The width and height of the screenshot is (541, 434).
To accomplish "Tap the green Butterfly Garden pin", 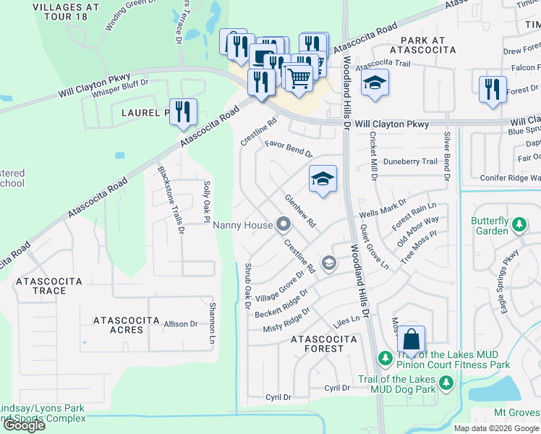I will click(519, 226).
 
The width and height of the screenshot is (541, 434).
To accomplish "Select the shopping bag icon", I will click(411, 339).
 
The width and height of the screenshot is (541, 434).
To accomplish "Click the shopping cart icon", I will click(297, 75).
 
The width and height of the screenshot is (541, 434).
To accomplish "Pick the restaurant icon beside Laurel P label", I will click(184, 111).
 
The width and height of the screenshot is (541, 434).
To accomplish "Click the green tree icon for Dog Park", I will click(446, 381).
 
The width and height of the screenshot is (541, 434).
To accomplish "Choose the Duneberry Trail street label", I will click(410, 162).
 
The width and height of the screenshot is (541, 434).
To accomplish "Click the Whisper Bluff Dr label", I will click(116, 83).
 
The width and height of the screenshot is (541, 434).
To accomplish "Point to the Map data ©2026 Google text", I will click(496, 428).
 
